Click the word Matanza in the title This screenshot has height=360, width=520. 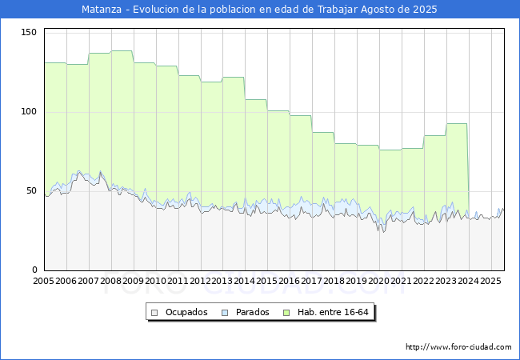point(102,10)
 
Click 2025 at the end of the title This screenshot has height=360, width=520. point(425,10)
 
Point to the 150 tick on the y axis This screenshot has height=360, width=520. point(30,32)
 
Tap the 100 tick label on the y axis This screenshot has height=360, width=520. point(30,111)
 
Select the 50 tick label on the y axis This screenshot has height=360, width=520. point(32,190)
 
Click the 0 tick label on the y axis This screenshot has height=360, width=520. point(34,270)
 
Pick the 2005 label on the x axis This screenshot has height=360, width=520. point(44,281)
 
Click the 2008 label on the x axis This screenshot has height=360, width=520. point(111,281)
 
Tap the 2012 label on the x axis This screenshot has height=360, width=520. point(200,281)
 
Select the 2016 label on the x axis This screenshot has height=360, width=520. point(290,281)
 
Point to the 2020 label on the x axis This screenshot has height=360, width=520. point(379,281)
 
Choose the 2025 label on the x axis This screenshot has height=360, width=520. point(490,281)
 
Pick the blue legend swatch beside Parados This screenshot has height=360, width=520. point(226,312)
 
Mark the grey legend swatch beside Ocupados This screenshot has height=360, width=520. point(155,312)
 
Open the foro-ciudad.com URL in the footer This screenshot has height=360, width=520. point(458,347)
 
